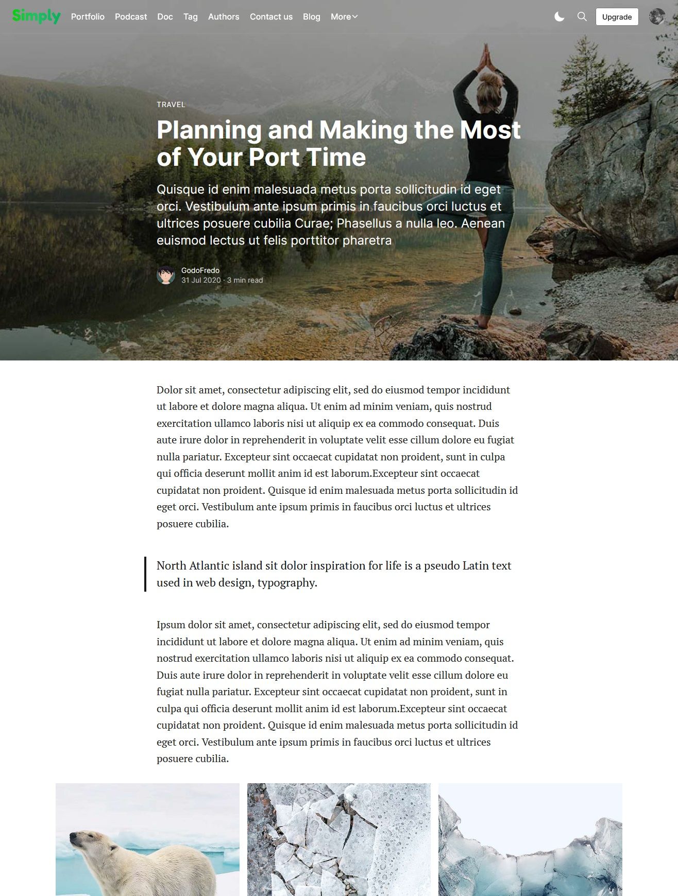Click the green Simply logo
(x=36, y=16)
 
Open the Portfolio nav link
(x=88, y=17)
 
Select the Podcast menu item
(x=131, y=17)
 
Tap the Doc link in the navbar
(x=165, y=17)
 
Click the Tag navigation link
(x=191, y=17)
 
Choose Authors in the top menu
(x=224, y=17)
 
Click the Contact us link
(x=271, y=17)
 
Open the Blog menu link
(x=311, y=17)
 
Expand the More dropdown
(x=344, y=17)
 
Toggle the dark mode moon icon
(x=559, y=17)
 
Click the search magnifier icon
(x=582, y=17)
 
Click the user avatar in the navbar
(x=657, y=17)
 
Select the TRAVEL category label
(x=171, y=105)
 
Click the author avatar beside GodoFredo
(x=166, y=275)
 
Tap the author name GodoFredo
(x=200, y=270)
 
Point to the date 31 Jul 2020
(x=201, y=280)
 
